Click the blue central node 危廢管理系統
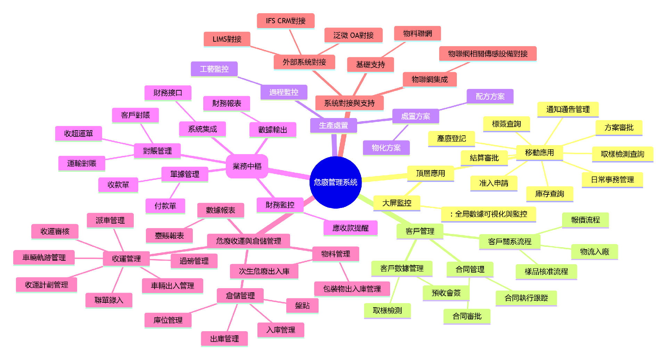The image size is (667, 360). [x=335, y=182]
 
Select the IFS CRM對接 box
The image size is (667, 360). [x=286, y=21]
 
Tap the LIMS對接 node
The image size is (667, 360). [x=227, y=39]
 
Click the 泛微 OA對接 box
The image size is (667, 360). [x=353, y=35]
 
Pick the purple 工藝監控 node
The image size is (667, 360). [x=214, y=69]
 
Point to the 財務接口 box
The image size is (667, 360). [x=168, y=93]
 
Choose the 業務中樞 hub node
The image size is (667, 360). [x=247, y=166]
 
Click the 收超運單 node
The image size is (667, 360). [x=79, y=133]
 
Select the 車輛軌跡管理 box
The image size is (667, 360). [x=44, y=258]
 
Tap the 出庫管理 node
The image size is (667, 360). [x=224, y=338]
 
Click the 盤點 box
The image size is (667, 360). [x=302, y=305]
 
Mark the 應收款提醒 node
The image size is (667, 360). [x=350, y=228]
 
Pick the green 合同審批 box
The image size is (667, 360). [x=467, y=316]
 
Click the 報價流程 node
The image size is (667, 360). [x=585, y=220]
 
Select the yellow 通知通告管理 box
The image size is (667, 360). [x=568, y=109]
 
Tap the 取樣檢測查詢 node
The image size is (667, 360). [x=622, y=154]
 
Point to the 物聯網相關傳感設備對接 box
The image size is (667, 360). [x=487, y=53]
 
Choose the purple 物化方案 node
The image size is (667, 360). [x=386, y=148]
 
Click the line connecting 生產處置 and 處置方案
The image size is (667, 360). [x=374, y=121]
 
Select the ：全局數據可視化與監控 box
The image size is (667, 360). [x=488, y=214]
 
